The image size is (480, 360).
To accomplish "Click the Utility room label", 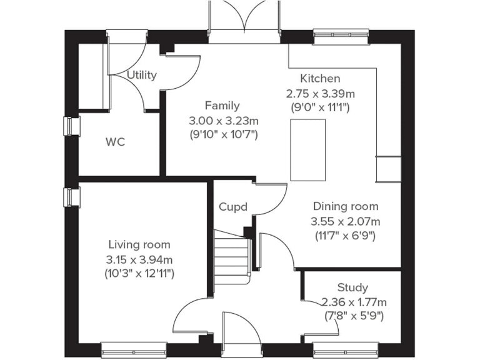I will click(142, 75).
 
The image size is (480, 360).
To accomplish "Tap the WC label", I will click(115, 142).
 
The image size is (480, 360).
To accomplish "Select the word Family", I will click(222, 106).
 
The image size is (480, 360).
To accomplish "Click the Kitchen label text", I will click(320, 79).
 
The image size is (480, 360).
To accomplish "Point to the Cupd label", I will click(233, 207).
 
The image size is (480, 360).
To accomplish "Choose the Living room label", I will click(139, 244).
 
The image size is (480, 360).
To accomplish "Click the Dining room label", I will click(346, 206).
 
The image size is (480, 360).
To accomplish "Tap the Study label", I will click(352, 287).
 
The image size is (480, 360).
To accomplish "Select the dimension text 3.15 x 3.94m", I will click(139, 259).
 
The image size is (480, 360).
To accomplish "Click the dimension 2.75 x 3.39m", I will click(320, 93).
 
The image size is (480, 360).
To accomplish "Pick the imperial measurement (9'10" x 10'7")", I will click(223, 134).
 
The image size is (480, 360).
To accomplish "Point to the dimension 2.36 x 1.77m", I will click(353, 302).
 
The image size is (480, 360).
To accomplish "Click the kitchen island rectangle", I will click(307, 148).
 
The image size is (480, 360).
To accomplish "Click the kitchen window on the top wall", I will click(341, 36).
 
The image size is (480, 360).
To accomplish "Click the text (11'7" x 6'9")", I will click(346, 236).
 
